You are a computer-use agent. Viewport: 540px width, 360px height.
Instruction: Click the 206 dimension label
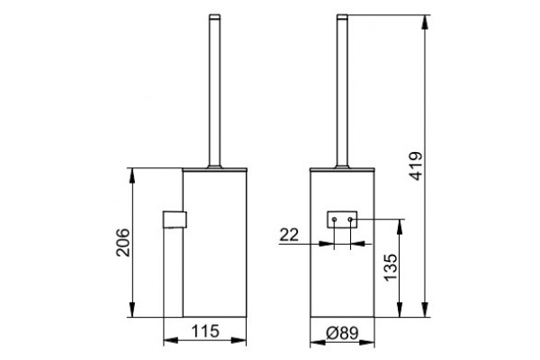coord(123,242)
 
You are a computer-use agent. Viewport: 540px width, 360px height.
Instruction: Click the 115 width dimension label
coord(205,331)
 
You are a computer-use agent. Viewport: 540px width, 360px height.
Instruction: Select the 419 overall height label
coord(416,166)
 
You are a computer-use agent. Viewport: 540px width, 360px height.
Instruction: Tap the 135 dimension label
coord(391,267)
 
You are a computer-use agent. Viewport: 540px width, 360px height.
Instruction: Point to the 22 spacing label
coord(289,235)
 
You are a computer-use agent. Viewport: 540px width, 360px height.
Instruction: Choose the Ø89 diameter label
coord(342,333)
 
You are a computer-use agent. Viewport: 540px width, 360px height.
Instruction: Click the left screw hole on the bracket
coord(334,220)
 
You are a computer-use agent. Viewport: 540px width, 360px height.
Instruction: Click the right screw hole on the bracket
coord(350,220)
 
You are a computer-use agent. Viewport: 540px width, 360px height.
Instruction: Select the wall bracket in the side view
coord(175,220)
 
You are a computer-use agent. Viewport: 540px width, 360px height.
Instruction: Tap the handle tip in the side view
coord(214,16)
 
